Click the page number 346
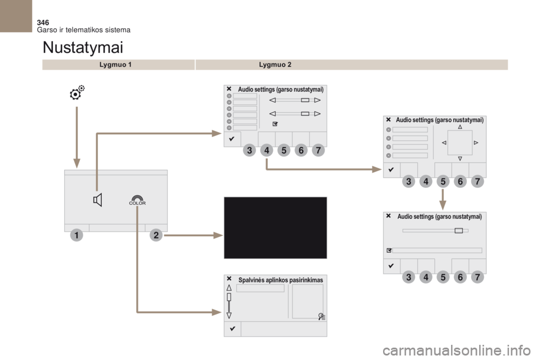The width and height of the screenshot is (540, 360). pyautogui.click(x=43, y=22)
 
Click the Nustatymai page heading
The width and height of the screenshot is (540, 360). pyautogui.click(x=83, y=47)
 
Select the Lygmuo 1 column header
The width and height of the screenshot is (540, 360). pyautogui.click(x=115, y=65)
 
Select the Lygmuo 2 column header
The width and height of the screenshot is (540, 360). pyautogui.click(x=275, y=65)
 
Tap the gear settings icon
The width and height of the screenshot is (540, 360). pyautogui.click(x=77, y=92)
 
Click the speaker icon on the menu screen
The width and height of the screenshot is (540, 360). pyautogui.click(x=98, y=200)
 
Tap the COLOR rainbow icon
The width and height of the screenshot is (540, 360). pyautogui.click(x=137, y=200)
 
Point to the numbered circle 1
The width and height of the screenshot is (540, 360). pyautogui.click(x=76, y=235)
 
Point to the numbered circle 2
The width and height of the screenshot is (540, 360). pyautogui.click(x=156, y=235)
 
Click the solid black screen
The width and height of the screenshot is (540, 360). pyautogui.click(x=276, y=228)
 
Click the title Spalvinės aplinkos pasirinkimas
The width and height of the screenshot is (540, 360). pyautogui.click(x=281, y=280)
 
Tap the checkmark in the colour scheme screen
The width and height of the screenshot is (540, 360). pyautogui.click(x=232, y=328)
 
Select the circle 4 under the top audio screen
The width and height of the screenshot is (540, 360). pyautogui.click(x=267, y=150)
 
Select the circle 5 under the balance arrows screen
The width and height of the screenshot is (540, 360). pyautogui.click(x=443, y=181)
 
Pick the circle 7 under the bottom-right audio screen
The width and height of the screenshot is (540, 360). pyautogui.click(x=478, y=277)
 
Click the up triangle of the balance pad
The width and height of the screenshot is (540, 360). pyautogui.click(x=460, y=127)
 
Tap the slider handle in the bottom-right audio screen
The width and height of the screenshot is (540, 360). pyautogui.click(x=459, y=231)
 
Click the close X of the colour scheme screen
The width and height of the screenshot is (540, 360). pyautogui.click(x=229, y=278)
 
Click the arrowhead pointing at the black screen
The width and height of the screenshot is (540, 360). pyautogui.click(x=218, y=235)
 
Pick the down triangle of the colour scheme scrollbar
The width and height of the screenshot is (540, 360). pyautogui.click(x=229, y=315)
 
